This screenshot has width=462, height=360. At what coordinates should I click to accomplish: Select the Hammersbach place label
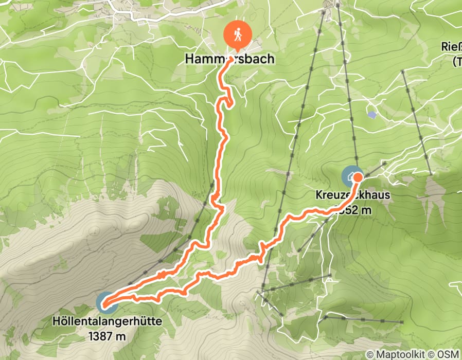[x=229, y=59]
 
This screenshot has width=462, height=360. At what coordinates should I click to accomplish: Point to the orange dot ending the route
[x=358, y=177]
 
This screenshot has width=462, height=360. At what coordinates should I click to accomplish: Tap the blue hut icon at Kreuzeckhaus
[x=351, y=176]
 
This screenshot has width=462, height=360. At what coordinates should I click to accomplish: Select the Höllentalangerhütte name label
[x=107, y=321]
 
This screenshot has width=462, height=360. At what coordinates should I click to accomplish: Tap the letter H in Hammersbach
[x=189, y=59]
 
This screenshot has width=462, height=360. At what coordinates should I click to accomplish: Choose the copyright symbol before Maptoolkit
[x=370, y=354]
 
